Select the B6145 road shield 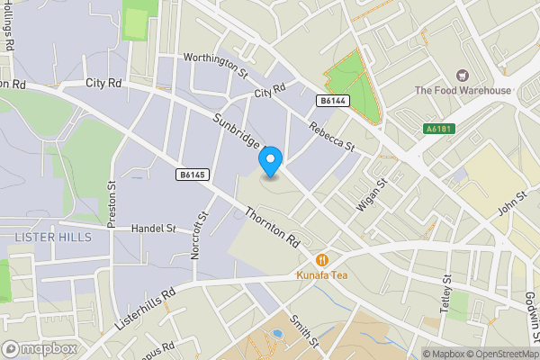point(192,174)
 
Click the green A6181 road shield point(439,130)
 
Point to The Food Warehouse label point(463,90)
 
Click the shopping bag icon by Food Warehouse point(463,76)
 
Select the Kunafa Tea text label point(320,274)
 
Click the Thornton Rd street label point(272,229)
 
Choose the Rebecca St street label point(333,137)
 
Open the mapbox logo point(39,348)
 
